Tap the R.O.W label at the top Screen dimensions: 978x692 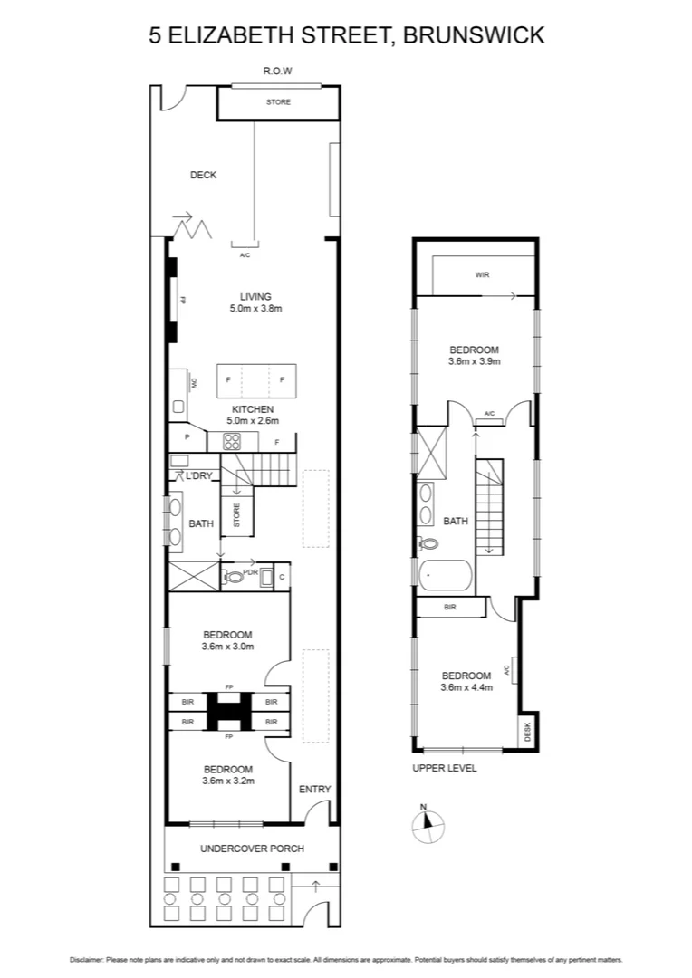click(277, 71)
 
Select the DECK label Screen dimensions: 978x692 click(203, 175)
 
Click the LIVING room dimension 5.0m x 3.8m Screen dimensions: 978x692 click(255, 309)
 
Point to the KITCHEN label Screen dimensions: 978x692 click(255, 408)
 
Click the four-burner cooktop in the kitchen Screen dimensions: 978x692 click(232, 442)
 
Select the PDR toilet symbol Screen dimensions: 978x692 click(235, 576)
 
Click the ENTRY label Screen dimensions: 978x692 click(314, 790)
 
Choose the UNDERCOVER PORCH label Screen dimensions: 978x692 click(252, 849)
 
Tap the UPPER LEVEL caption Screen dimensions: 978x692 click(444, 768)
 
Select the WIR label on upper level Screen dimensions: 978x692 click(482, 274)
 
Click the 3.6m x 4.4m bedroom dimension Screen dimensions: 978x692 click(466, 687)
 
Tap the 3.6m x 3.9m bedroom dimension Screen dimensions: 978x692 click(475, 361)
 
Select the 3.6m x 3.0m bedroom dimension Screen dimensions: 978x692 click(227, 647)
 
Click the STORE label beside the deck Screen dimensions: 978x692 click(278, 102)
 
